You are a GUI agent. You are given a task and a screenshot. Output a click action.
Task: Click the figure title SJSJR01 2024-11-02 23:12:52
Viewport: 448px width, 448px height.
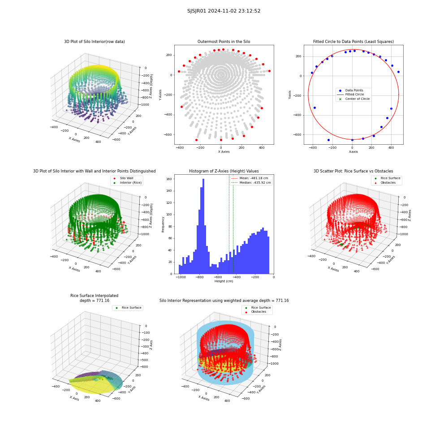coord(224,11)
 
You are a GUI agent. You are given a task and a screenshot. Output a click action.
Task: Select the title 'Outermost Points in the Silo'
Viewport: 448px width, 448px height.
coord(224,42)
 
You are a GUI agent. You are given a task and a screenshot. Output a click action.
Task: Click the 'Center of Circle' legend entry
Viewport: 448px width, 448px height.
coord(354,99)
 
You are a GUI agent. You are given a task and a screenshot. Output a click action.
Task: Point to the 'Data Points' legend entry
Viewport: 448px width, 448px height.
coord(351,90)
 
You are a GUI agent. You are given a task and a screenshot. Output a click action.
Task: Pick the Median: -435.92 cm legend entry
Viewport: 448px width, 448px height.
coord(251,183)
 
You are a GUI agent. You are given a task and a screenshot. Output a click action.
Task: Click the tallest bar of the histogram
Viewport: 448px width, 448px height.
coord(203,226)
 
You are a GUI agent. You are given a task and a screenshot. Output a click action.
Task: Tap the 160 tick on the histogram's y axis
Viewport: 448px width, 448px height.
coord(169,179)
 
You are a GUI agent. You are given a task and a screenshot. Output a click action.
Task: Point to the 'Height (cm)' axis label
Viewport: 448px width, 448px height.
coord(224,281)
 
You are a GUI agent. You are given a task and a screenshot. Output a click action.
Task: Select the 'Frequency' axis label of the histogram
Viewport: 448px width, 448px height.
coord(163,224)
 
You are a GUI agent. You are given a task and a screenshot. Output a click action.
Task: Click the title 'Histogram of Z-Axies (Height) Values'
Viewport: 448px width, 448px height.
coord(224,171)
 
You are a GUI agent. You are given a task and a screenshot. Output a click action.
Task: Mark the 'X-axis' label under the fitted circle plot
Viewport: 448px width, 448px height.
coord(353,152)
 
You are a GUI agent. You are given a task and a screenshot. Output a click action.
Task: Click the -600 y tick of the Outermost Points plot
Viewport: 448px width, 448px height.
coord(168,135)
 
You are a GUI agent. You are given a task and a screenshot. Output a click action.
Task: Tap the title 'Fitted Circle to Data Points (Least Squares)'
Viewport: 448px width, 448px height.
coord(353,42)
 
